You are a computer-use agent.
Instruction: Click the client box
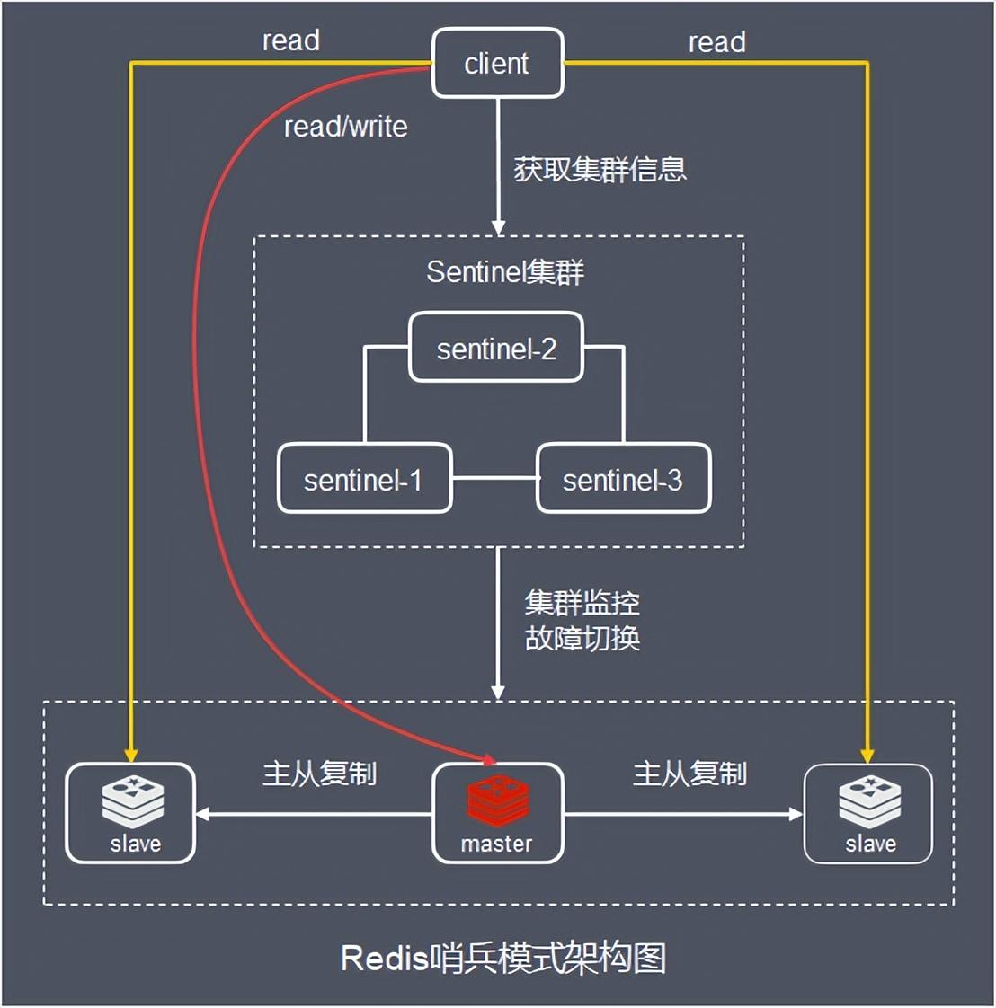click(497, 63)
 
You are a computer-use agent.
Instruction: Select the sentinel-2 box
click(496, 348)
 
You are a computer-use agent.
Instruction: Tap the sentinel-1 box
click(363, 480)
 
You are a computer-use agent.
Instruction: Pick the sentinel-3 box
click(623, 480)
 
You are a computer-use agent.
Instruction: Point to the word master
click(496, 844)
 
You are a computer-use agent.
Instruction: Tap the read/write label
click(345, 127)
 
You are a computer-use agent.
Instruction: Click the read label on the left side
click(290, 40)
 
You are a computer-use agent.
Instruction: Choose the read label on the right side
click(716, 41)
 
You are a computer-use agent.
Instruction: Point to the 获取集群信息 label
click(600, 169)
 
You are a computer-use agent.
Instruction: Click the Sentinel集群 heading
click(504, 271)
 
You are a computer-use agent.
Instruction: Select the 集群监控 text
click(582, 602)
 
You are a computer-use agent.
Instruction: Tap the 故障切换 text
click(582, 638)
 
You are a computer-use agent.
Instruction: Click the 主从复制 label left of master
click(319, 773)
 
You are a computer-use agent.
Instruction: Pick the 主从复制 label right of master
click(689, 773)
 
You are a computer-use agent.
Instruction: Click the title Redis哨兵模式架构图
click(503, 958)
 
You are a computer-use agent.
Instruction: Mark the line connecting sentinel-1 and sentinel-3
click(494, 479)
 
